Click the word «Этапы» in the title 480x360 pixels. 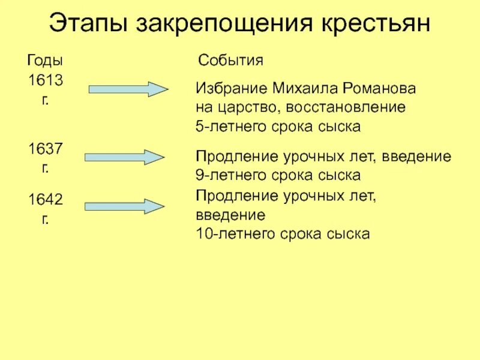pos(88,25)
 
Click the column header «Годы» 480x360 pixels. pos(46,61)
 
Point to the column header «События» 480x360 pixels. pos(230,61)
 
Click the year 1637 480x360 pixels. pos(46,148)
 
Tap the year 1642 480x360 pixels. pos(46,199)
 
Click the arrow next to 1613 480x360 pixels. pos(129,89)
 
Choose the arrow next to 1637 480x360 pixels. pos(124,157)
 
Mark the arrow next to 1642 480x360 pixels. pos(124,207)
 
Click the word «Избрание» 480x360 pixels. pos(230,88)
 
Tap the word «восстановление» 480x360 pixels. pos(346,107)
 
